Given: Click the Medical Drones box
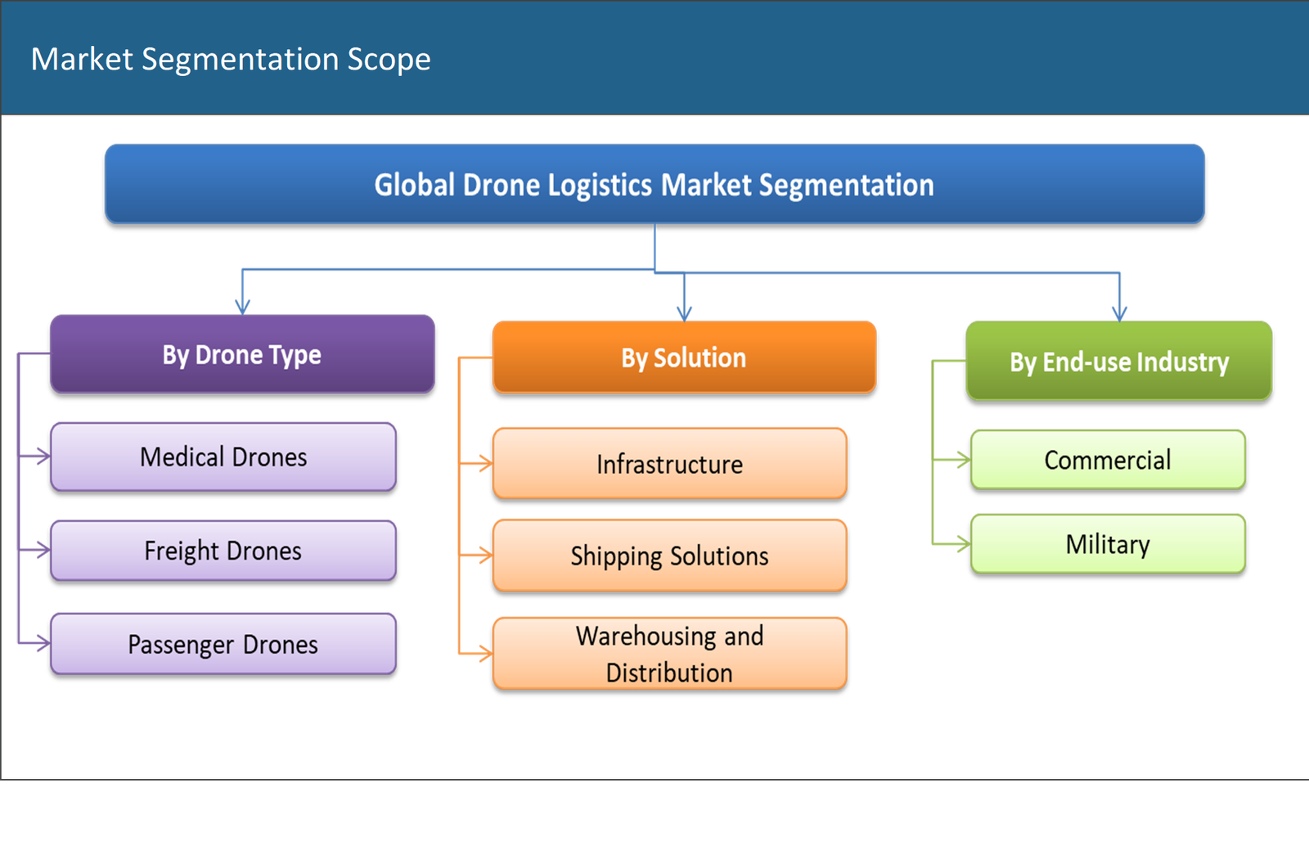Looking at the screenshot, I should pos(223,457).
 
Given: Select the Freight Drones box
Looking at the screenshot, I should pos(223,551).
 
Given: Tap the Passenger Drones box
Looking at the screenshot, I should pos(223,644).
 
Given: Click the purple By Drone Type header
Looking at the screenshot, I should pos(241,354).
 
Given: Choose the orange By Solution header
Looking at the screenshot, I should pos(683,358).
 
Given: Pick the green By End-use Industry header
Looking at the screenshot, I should pos(1118,361).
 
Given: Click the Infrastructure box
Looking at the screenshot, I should pos(669,463).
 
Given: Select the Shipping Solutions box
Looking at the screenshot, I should pos(669,556).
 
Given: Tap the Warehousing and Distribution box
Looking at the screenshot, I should pos(669,653).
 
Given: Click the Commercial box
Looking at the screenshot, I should pos(1107,460).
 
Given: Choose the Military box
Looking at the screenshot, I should pos(1107,544).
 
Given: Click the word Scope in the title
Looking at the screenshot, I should pos(389,60).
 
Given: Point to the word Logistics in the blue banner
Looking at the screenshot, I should pos(601,186).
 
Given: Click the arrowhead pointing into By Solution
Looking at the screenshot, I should pos(685,313).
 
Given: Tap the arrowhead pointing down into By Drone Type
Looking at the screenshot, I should pos(242,306).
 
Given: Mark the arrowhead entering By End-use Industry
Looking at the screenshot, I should pos(1119,312).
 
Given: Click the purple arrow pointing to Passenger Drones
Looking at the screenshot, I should pos(42,644).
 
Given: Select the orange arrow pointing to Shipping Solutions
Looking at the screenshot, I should pos(484,556).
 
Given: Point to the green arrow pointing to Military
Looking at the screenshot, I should pos(961,544).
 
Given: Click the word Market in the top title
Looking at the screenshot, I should pos(82,60).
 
